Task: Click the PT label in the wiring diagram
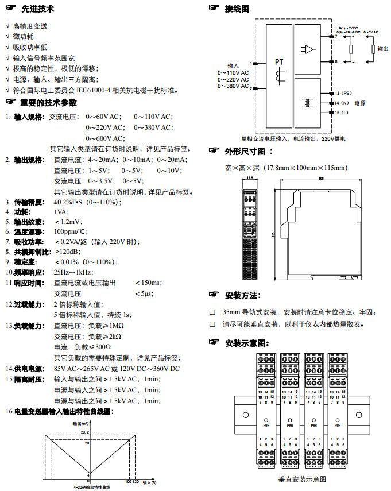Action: pyautogui.click(x=279, y=62)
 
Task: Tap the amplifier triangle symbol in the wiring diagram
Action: pyautogui.click(x=309, y=49)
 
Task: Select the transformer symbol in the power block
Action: pyautogui.click(x=309, y=102)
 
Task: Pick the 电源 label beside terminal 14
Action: pyautogui.click(x=360, y=103)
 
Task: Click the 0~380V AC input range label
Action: pyautogui.click(x=233, y=86)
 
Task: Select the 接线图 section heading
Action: pyautogui.click(x=237, y=9)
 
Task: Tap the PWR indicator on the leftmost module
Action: pyautogui.click(x=266, y=426)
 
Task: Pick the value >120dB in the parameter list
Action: pyautogui.click(x=67, y=252)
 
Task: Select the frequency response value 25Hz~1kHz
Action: pyautogui.click(x=73, y=272)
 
